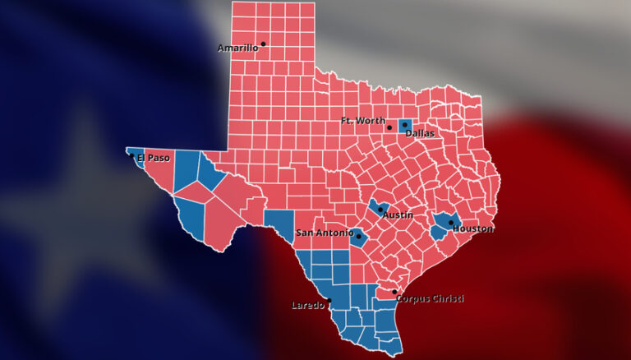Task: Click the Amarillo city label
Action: pyautogui.click(x=237, y=48)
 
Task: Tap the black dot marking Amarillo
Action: pyautogui.click(x=263, y=44)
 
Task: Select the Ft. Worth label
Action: pyautogui.click(x=362, y=121)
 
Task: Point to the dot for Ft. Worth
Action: pyautogui.click(x=389, y=128)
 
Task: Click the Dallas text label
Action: pyautogui.click(x=419, y=132)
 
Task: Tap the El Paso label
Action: pyautogui.click(x=154, y=158)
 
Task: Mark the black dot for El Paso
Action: pyautogui.click(x=131, y=155)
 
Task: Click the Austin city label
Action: pyautogui.click(x=398, y=215)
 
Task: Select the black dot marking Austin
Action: pyautogui.click(x=380, y=210)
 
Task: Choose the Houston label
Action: pyautogui.click(x=473, y=228)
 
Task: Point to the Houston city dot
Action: pyautogui.click(x=451, y=222)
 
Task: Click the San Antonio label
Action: pyautogui.click(x=325, y=233)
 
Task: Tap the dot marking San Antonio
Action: pyautogui.click(x=359, y=237)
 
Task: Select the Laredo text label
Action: pyautogui.click(x=308, y=306)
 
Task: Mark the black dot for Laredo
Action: pyautogui.click(x=329, y=300)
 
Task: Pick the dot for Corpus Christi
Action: pyautogui.click(x=394, y=292)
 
